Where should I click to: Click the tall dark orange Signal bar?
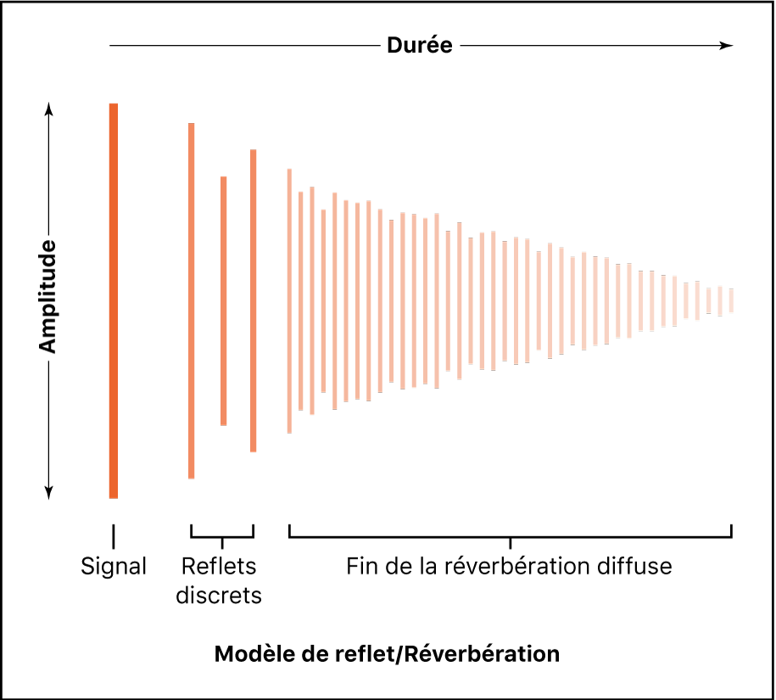pos(114,300)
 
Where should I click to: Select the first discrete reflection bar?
pos(192,300)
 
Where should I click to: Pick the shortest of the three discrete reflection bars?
pos(224,300)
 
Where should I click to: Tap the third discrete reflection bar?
pos(253,300)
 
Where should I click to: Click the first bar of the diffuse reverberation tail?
pos(289,300)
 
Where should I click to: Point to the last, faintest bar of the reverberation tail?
pos(731,300)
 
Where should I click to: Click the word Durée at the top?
pos(420,46)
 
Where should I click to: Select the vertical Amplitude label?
pos(48,297)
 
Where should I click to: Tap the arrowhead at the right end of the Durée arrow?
pos(727,46)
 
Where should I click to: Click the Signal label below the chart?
pos(114,566)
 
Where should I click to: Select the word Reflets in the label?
pos(220,566)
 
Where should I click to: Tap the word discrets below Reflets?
pos(220,596)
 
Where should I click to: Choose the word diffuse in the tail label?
pos(634,566)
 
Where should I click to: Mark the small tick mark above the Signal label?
pos(114,536)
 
